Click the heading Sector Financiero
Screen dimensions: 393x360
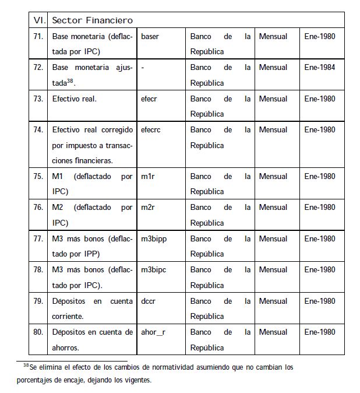[x=92, y=20]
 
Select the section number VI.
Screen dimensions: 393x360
[x=40, y=20]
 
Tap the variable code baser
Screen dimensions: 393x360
[x=150, y=36]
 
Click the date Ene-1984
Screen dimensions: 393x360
[x=320, y=68]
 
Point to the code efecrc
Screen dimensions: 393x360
[x=150, y=129]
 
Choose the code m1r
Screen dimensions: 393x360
[x=147, y=176]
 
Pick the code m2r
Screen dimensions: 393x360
[x=147, y=207]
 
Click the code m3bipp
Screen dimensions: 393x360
[x=153, y=238]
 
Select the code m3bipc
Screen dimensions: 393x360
[x=153, y=269]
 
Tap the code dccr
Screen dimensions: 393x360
[x=149, y=301]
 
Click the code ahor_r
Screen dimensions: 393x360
[x=153, y=332]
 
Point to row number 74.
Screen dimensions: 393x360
[x=38, y=129]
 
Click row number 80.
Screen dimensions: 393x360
[x=38, y=332]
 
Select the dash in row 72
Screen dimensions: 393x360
[x=143, y=68]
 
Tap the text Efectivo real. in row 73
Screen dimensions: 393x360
[x=75, y=99]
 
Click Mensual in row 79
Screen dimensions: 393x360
[x=273, y=301]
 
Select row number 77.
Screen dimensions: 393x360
[x=38, y=238]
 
